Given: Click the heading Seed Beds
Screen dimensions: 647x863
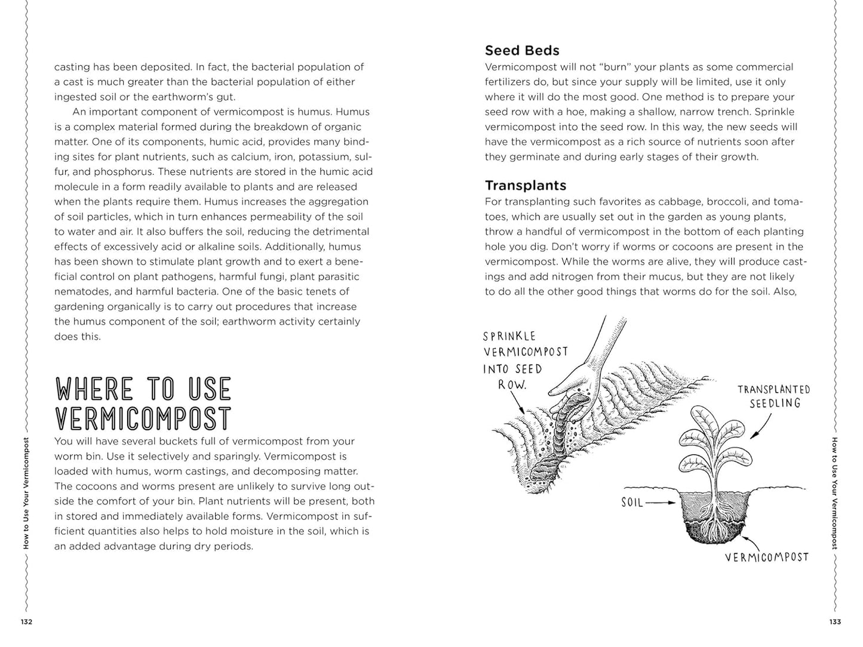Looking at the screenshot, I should pyautogui.click(x=522, y=51).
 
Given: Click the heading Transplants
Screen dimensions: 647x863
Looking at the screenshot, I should pyautogui.click(x=526, y=186).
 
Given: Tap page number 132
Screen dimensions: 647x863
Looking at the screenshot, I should pyautogui.click(x=26, y=622).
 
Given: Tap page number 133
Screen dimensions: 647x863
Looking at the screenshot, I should pyautogui.click(x=835, y=622).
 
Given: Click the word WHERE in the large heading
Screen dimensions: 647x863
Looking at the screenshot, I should pyautogui.click(x=95, y=390).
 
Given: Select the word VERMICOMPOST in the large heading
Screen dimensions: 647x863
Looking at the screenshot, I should pyautogui.click(x=143, y=418).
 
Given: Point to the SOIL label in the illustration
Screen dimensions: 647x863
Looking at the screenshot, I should pyautogui.click(x=632, y=503).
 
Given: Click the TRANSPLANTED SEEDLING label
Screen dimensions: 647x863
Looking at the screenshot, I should pyautogui.click(x=773, y=396).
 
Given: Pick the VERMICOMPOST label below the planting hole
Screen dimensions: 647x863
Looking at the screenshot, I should pyautogui.click(x=767, y=557).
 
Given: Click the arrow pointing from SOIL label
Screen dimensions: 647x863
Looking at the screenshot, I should pyautogui.click(x=663, y=503).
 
